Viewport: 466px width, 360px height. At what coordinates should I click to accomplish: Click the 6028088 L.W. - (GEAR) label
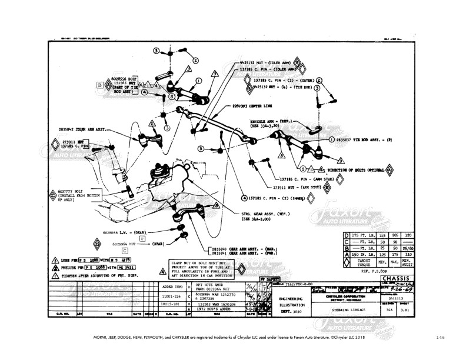(x=124, y=232)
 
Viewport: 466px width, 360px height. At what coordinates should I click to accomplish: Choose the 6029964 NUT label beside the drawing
(x=124, y=244)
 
